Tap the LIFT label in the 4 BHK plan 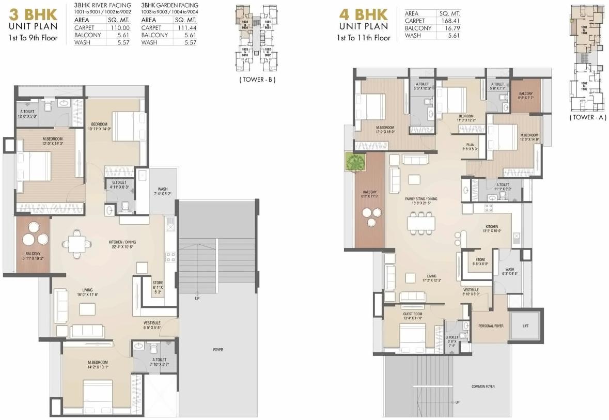click(526, 326)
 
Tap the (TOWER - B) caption click(257, 80)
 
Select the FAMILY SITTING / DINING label click(421, 198)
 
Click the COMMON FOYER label click(483, 386)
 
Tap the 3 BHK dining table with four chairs click(77, 243)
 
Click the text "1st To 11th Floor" click(364, 38)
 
